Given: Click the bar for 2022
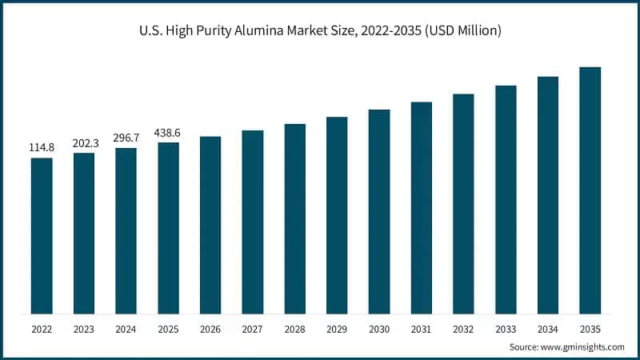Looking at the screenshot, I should [x=42, y=236].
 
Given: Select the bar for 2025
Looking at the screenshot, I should [x=168, y=228].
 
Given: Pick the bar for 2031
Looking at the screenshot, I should [x=421, y=208].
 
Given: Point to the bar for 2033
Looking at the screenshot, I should [x=506, y=199].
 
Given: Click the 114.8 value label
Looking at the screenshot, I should [x=42, y=148].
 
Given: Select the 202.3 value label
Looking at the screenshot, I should [x=84, y=143].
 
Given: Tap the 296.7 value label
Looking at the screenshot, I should [x=126, y=138].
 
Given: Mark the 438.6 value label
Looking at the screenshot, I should [x=168, y=133].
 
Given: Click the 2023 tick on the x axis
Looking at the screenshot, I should [x=84, y=328].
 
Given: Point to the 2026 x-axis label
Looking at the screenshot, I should [x=210, y=328].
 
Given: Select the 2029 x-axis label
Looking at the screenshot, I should [x=337, y=328].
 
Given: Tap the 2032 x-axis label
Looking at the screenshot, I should [x=463, y=328].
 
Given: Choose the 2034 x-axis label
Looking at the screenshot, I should [x=547, y=328].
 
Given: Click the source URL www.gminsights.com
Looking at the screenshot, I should [x=585, y=347].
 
